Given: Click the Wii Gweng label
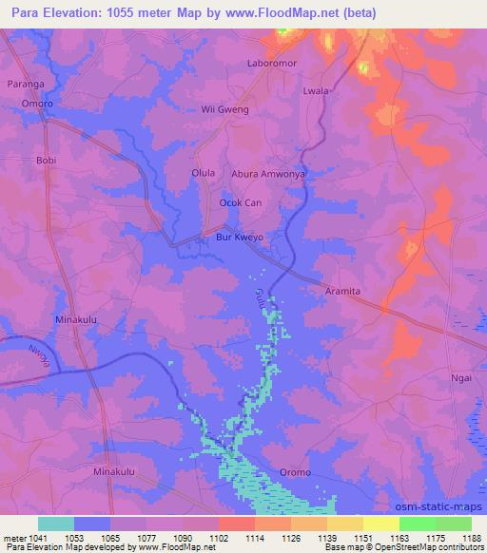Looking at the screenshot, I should [x=225, y=110].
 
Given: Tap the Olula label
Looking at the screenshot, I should [x=204, y=173].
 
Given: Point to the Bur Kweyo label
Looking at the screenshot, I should [x=238, y=238].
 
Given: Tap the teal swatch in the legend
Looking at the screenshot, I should [x=56, y=524].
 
